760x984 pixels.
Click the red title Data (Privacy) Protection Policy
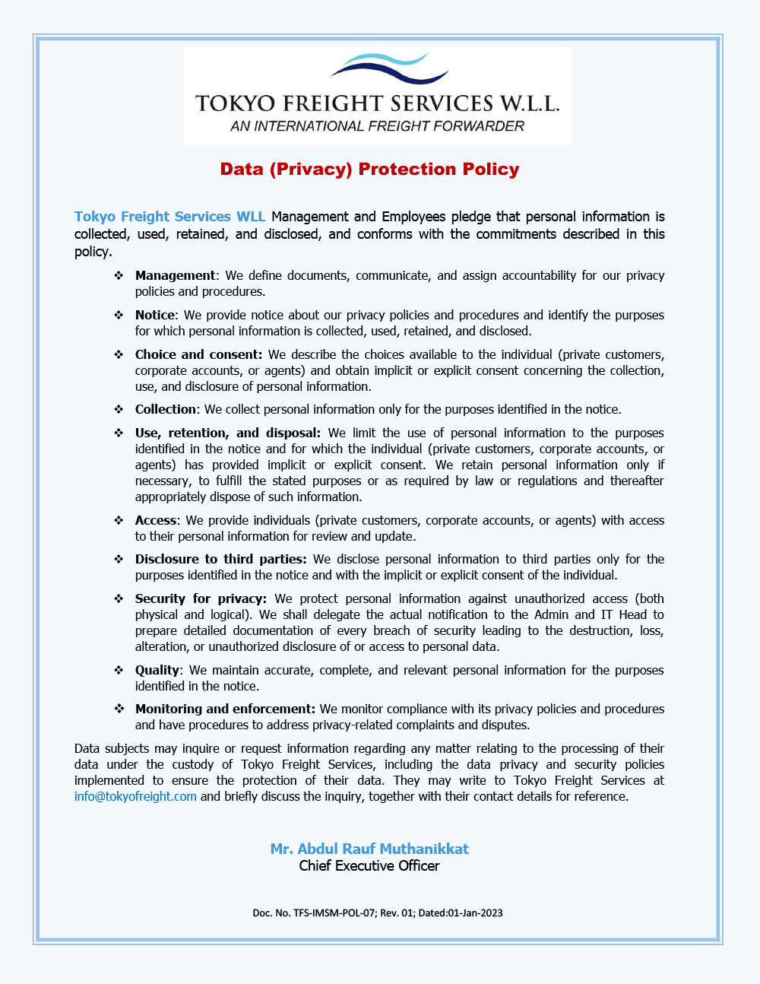[x=369, y=169]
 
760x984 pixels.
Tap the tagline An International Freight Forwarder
[x=377, y=126]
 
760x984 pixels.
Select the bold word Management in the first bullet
[x=175, y=275]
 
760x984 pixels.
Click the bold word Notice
[x=155, y=315]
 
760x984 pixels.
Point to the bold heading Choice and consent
[x=198, y=354]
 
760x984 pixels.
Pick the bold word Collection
[x=166, y=409]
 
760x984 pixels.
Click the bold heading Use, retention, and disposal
[x=227, y=433]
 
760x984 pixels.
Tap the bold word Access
[x=156, y=520]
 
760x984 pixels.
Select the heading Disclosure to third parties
[x=220, y=559]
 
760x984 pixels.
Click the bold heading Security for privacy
[x=201, y=598]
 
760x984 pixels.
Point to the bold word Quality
[x=157, y=670]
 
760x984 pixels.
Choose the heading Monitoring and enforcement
[x=225, y=709]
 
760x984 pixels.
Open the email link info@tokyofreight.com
[x=135, y=796]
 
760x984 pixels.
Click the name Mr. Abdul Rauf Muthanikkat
[x=369, y=849]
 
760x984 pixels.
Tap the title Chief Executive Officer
[x=369, y=865]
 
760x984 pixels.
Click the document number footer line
[x=378, y=913]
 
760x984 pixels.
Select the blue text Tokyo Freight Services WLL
[x=169, y=217]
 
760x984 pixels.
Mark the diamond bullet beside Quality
[x=119, y=670]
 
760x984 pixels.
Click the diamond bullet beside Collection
[x=119, y=409]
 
